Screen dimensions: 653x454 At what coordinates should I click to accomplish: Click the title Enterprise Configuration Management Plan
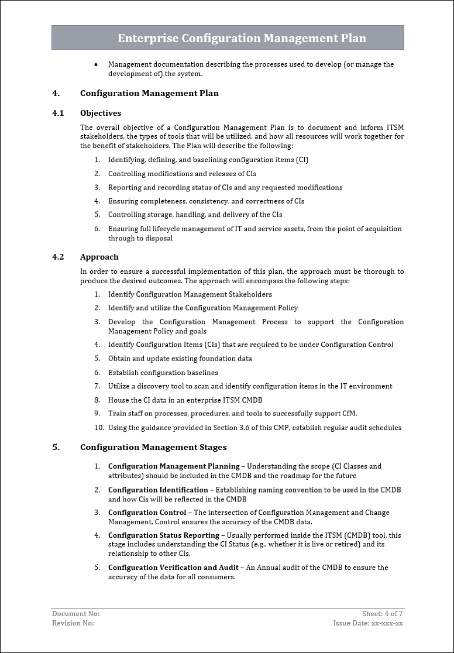242,39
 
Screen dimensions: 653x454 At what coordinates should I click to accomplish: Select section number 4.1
58,113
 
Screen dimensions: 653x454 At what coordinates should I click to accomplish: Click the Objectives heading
101,113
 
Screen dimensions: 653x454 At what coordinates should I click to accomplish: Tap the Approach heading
99,257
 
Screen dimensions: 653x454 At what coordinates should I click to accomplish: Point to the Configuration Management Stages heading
153,448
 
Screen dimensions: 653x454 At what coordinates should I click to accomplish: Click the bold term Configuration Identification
158,490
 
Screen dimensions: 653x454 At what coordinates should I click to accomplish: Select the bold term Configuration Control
147,513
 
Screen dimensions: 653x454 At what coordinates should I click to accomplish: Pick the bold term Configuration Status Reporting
163,535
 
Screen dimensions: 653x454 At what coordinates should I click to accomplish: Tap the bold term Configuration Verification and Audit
173,568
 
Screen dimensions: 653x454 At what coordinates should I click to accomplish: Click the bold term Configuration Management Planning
174,466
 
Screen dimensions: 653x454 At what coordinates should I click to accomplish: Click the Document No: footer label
76,614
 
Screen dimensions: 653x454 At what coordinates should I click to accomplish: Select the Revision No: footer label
73,623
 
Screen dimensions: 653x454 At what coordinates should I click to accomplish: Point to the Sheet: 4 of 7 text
382,614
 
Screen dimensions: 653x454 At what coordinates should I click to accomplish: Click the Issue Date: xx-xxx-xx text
368,623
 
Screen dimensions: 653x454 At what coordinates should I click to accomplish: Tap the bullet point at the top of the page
96,65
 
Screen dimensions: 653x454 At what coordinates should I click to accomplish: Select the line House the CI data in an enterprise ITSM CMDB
185,400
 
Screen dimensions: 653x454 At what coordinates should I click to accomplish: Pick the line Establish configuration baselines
163,373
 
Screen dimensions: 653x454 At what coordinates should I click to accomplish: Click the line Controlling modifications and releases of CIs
182,174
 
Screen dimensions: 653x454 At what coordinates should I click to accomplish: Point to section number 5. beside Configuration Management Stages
56,448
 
